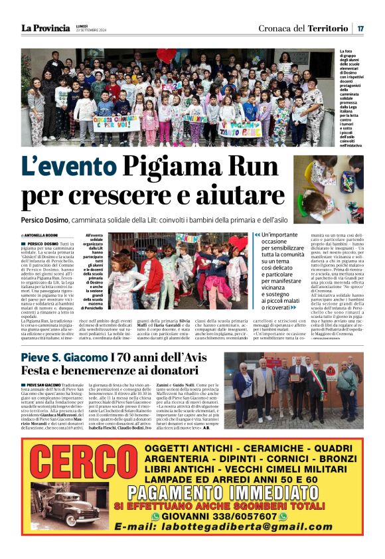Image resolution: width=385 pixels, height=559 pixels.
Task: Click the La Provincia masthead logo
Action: (45, 28)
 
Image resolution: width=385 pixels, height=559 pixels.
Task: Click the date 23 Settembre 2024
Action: (92, 31)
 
